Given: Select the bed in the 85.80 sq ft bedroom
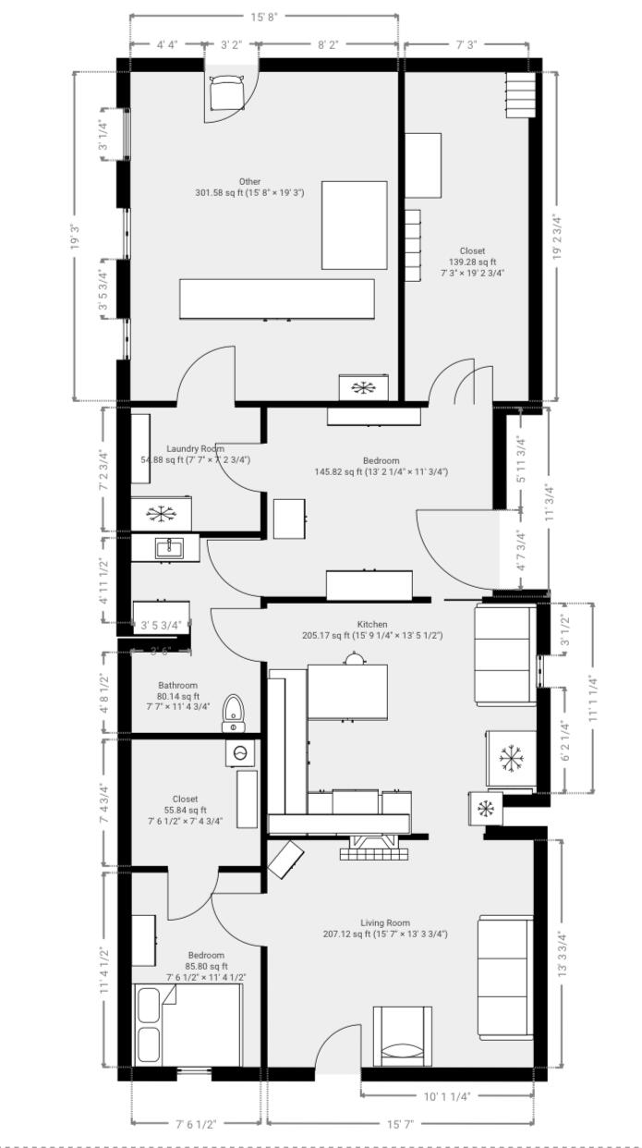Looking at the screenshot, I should [x=188, y=1025].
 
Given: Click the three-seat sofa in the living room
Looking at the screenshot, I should [x=505, y=977].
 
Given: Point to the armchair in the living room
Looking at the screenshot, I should [x=402, y=1036].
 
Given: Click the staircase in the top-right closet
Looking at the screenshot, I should [x=520, y=94].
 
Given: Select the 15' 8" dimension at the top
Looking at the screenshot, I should [x=264, y=17].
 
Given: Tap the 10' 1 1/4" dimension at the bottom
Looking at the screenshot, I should [x=447, y=1096].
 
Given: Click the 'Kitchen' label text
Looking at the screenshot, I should [x=372, y=625].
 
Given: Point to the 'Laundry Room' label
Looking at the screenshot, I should [x=195, y=448].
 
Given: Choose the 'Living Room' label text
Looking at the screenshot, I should [x=385, y=922].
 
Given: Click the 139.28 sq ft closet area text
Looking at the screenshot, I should [x=472, y=262].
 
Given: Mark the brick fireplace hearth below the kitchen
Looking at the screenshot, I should [x=372, y=848].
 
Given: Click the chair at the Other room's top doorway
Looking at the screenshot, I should [x=224, y=94].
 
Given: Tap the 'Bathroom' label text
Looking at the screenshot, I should [x=177, y=686].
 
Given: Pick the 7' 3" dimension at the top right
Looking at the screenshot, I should [x=466, y=43].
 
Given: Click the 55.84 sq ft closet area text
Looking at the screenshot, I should [x=185, y=810].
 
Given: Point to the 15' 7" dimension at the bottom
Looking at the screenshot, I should [x=399, y=1125].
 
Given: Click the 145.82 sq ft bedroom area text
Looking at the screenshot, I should [x=381, y=471].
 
